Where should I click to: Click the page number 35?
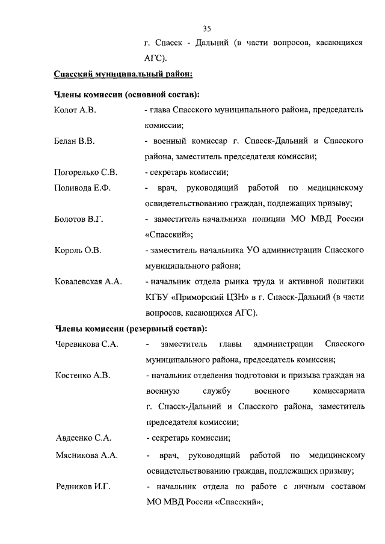pyautogui.click(x=206, y=28)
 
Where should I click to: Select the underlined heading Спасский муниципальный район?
pyautogui.click(x=123, y=75)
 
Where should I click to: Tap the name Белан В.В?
pyautogui.click(x=75, y=141)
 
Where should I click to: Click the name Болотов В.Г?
pyautogui.click(x=79, y=219)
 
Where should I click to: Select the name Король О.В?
pyautogui.click(x=77, y=251)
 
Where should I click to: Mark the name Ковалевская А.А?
pyautogui.click(x=87, y=282)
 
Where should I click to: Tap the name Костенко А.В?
pyautogui.click(x=82, y=376)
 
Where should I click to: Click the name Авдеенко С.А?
pyautogui.click(x=83, y=438)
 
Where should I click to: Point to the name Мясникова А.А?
pyautogui.click(x=85, y=455)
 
